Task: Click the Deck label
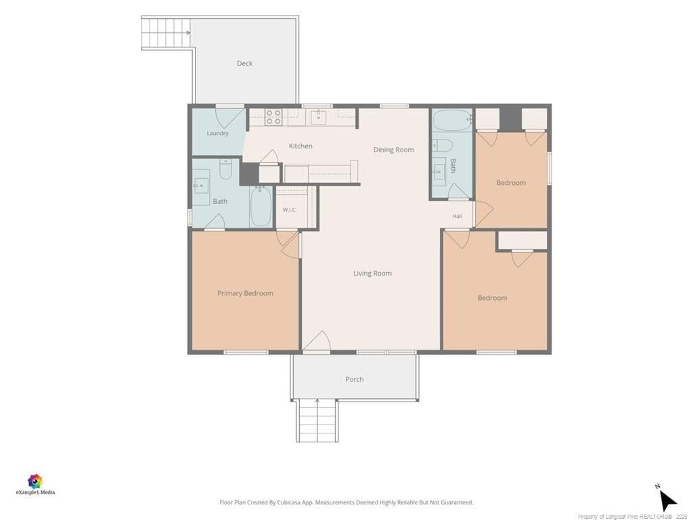click(244, 63)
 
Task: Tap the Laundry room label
click(217, 133)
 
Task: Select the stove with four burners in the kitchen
click(273, 117)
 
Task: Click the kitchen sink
click(318, 117)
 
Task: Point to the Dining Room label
click(393, 150)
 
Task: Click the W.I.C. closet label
click(290, 210)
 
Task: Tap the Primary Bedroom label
click(245, 293)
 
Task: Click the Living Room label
click(372, 274)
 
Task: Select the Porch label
click(355, 379)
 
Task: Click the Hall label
click(457, 216)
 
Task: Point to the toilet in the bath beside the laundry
click(226, 169)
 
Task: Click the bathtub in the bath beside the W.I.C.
click(261, 207)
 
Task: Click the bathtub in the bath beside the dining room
click(453, 120)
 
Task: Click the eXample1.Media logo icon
click(35, 481)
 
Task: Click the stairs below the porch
click(317, 420)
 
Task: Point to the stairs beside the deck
click(166, 32)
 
